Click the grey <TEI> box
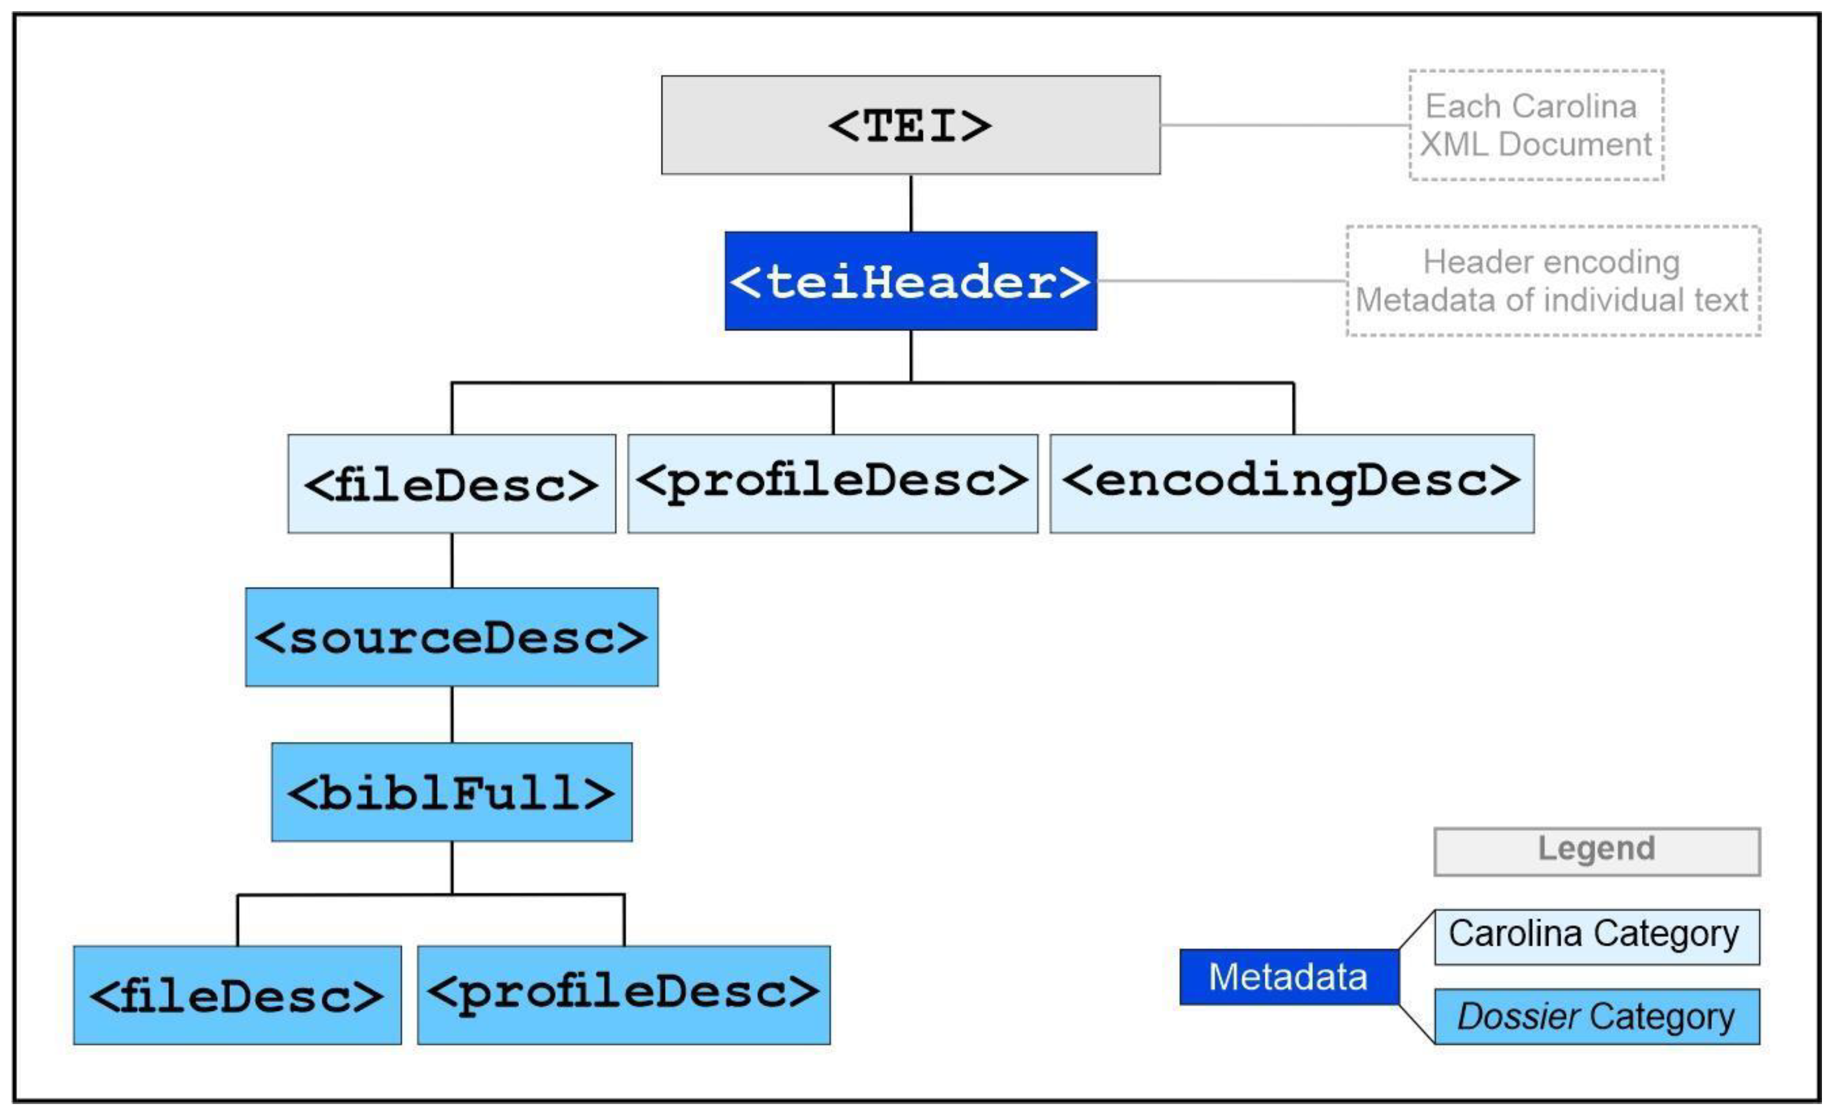coord(910,125)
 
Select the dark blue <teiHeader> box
coord(910,281)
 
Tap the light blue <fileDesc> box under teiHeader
coord(452,483)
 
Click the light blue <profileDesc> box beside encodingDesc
coord(832,483)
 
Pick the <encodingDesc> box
coord(1291,483)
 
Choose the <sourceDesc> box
coord(452,637)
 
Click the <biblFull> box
coord(452,792)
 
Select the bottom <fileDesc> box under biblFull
coord(237,995)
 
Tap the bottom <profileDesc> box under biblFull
coord(624,995)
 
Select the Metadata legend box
coord(1288,977)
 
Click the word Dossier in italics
coord(1518,1016)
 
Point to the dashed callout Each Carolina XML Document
coord(1535,125)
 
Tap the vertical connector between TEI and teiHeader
coord(910,203)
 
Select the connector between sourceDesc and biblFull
coord(452,714)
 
